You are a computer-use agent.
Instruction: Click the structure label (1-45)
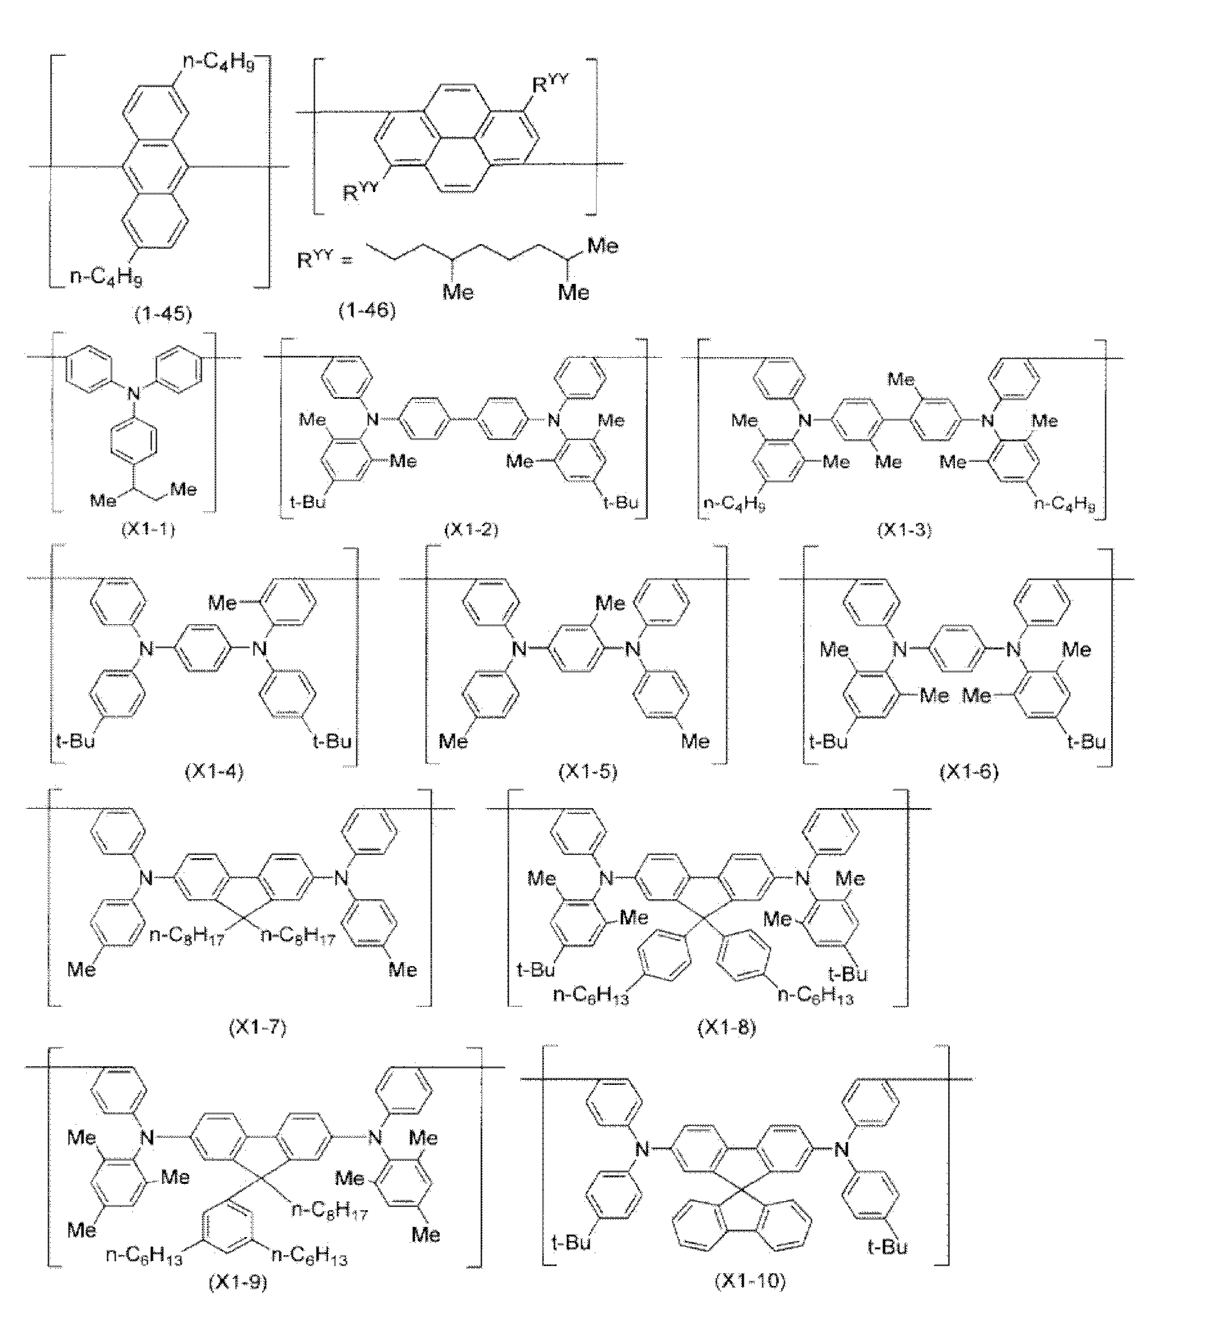(163, 314)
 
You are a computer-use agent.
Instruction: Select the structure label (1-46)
(367, 311)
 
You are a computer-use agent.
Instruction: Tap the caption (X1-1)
(148, 529)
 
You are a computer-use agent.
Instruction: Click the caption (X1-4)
(215, 771)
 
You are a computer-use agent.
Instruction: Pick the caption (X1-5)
(588, 771)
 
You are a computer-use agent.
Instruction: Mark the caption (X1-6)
(969, 771)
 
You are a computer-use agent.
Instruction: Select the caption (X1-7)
(258, 1027)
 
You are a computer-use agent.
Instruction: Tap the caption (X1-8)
(727, 1027)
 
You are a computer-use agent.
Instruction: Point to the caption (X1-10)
(751, 1280)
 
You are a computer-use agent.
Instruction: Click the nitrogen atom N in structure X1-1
(134, 394)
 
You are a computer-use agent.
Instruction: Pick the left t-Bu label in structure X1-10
(571, 1243)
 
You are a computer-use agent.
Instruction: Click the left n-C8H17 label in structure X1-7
(187, 935)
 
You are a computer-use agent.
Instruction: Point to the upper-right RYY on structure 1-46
(550, 86)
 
